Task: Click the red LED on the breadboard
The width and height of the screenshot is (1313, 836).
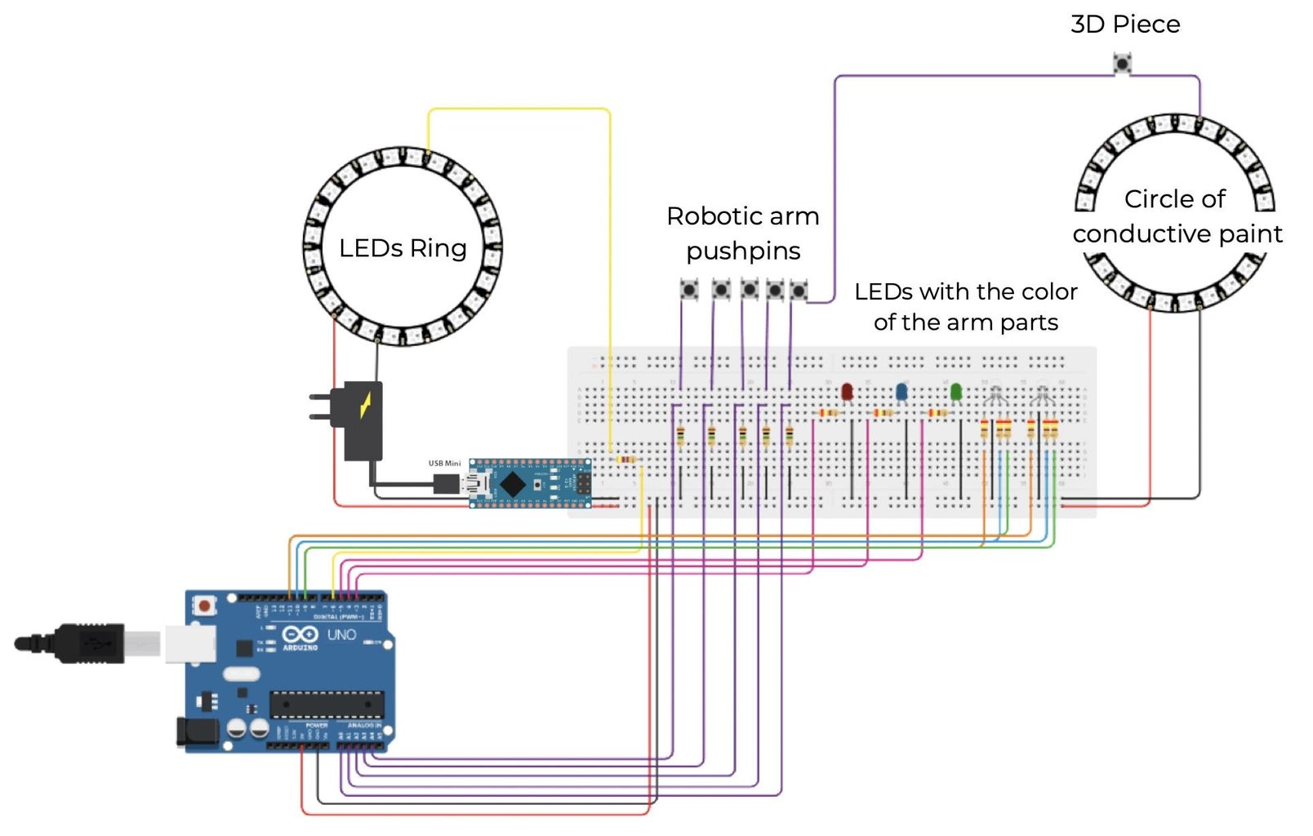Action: tap(847, 392)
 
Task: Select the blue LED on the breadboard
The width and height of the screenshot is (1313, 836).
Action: tap(901, 392)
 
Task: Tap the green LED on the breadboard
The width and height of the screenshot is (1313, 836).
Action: tap(956, 392)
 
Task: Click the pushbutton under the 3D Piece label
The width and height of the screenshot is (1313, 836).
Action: tap(1123, 63)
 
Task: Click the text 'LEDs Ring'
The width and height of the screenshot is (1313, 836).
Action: tap(403, 248)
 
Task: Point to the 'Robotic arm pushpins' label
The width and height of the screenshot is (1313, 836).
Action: tap(743, 233)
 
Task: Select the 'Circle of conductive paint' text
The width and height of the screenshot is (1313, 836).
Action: tap(1177, 216)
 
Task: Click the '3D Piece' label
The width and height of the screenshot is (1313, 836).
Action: tap(1124, 24)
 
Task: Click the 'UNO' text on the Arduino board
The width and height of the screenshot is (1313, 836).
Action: tap(341, 634)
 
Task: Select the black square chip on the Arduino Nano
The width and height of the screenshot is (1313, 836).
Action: tap(512, 484)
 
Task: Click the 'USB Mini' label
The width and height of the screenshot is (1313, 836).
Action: tap(444, 464)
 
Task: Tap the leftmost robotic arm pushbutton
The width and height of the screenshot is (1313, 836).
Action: tap(690, 289)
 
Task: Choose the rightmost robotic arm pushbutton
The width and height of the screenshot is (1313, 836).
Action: tap(799, 290)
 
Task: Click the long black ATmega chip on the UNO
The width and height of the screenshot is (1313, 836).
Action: tap(327, 703)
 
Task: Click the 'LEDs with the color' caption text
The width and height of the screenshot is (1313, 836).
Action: tap(965, 291)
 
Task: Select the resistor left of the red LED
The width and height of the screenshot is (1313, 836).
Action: tap(828, 413)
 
